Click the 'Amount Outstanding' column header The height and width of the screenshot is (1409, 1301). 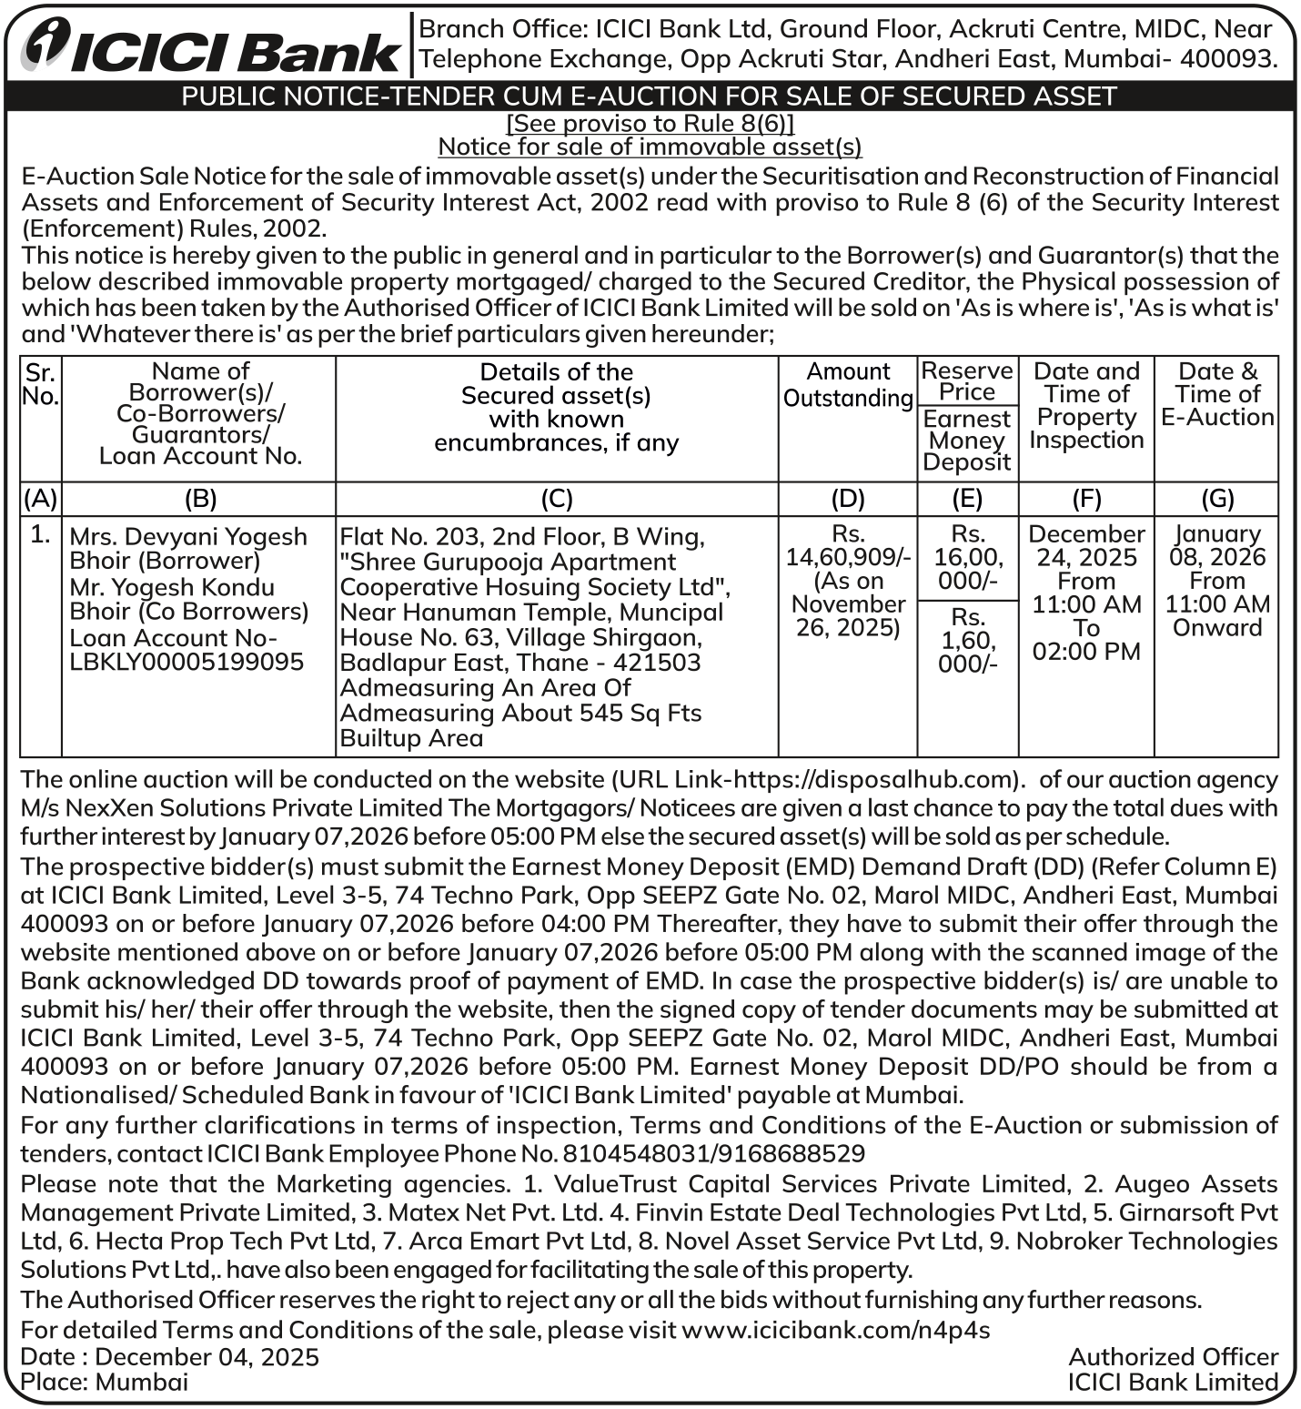click(848, 385)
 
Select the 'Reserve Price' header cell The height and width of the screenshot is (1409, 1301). click(967, 381)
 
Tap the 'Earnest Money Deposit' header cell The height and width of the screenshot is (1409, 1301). click(967, 441)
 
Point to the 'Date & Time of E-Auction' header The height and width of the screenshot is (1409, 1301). click(1216, 394)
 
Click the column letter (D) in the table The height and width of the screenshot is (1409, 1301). click(848, 498)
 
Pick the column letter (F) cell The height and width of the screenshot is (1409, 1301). click(1086, 498)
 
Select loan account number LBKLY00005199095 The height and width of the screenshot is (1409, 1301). click(187, 662)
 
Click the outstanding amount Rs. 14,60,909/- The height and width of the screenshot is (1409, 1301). click(848, 556)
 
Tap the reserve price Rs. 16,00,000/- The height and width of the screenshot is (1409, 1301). click(967, 557)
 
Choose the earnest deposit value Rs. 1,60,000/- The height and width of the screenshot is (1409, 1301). click(967, 640)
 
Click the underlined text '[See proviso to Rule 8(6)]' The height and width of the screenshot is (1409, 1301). click(650, 123)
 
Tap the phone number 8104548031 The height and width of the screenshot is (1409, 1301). click(636, 1154)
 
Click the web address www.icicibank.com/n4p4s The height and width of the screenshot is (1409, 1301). click(835, 1330)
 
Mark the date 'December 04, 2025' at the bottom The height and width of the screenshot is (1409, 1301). click(207, 1357)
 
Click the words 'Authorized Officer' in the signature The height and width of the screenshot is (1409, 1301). click(1173, 1357)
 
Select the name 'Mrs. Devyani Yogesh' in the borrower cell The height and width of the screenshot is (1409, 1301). click(188, 536)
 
